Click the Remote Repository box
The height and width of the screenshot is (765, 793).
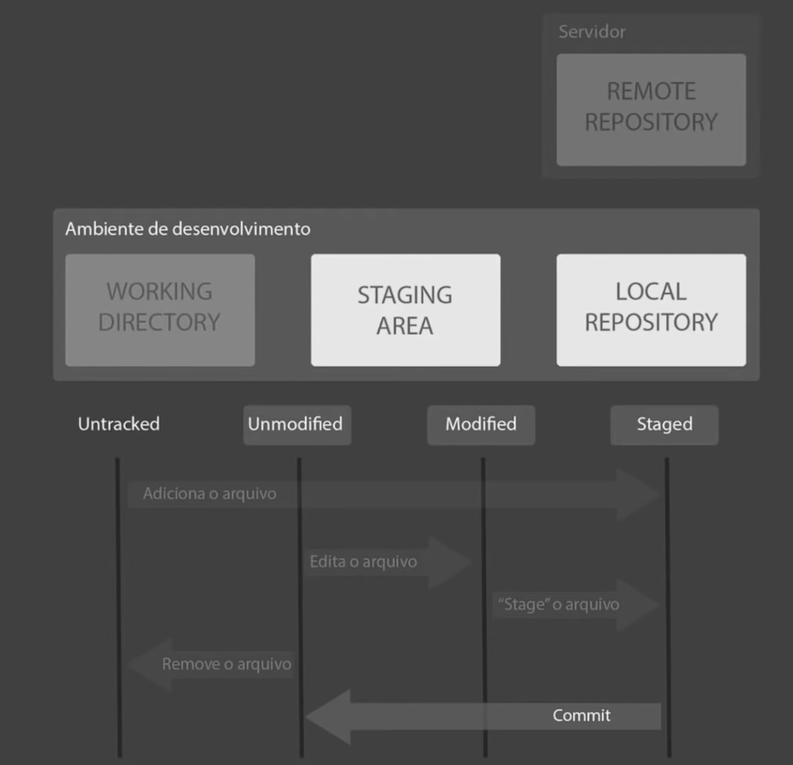point(651,109)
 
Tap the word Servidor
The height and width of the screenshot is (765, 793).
point(591,32)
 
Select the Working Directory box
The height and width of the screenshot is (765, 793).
point(160,310)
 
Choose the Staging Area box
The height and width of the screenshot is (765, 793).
point(405,310)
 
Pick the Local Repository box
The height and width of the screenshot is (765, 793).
point(651,310)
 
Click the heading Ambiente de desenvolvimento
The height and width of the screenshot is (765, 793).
point(187,229)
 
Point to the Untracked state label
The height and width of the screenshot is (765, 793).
point(119,424)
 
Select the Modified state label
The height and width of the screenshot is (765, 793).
point(481,425)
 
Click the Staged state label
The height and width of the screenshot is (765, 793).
point(664,425)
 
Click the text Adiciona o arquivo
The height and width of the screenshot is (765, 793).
point(209,494)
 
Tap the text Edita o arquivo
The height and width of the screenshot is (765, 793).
point(363,562)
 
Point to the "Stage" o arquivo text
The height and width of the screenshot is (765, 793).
point(558,605)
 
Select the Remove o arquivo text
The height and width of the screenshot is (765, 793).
point(226,664)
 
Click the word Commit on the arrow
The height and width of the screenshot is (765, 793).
point(581,715)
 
